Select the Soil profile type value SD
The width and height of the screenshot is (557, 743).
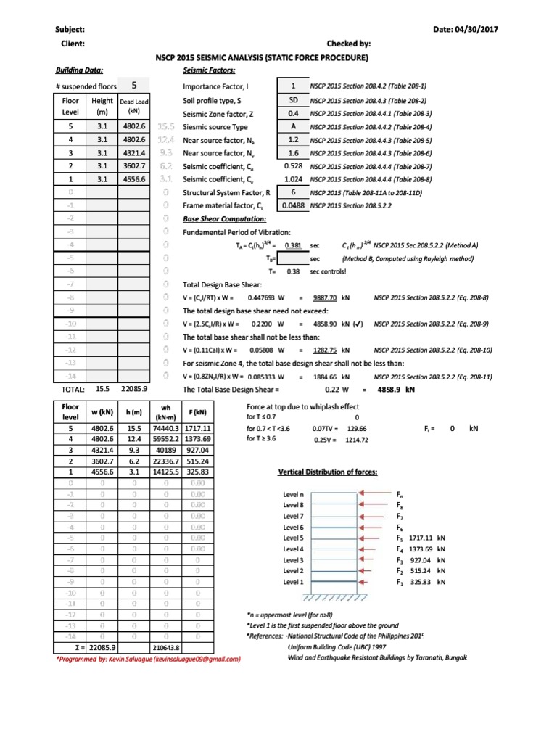tap(294, 100)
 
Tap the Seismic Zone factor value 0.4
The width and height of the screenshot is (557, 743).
tap(294, 114)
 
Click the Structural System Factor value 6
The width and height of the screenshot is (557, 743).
tap(294, 192)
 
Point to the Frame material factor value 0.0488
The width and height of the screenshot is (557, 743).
tap(293, 206)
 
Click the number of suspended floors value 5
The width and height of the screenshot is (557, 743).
tap(134, 85)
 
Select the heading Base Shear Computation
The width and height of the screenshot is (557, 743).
tap(224, 219)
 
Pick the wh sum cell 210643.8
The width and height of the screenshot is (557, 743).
tap(166, 647)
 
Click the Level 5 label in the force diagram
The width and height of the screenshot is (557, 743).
tap(294, 538)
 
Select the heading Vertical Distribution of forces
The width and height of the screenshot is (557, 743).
tap(328, 472)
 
